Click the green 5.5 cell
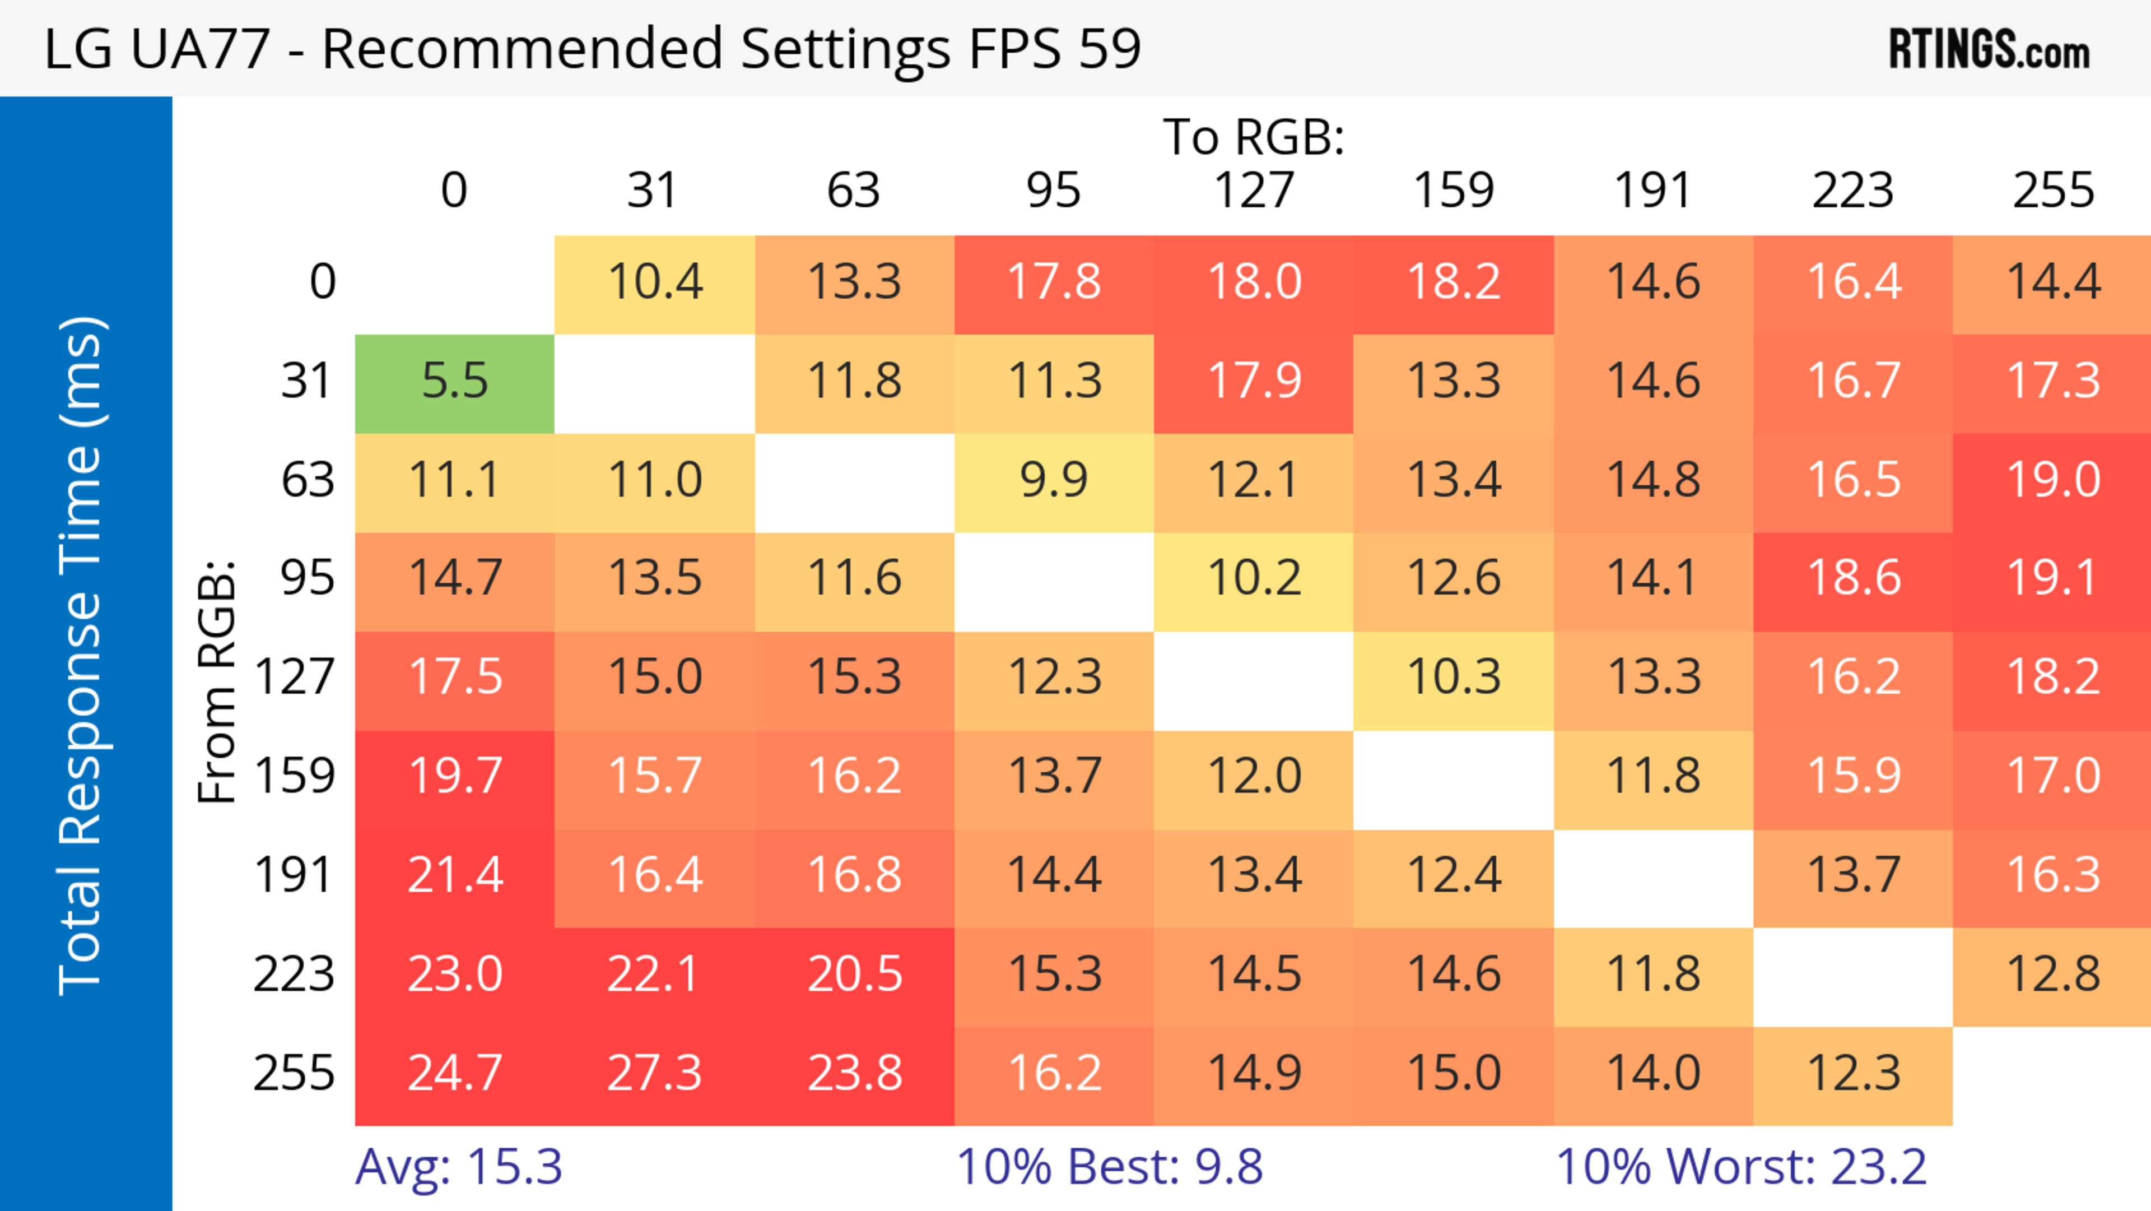tap(454, 382)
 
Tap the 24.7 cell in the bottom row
tap(454, 1073)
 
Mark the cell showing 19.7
tap(454, 777)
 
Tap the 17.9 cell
tap(1254, 382)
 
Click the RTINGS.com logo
tap(1989, 49)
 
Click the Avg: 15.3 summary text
tap(458, 1167)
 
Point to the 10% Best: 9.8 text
tap(1109, 1167)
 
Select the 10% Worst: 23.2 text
tap(1741, 1167)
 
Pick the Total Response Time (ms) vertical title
tap(81, 656)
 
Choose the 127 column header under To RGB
tap(1254, 191)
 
